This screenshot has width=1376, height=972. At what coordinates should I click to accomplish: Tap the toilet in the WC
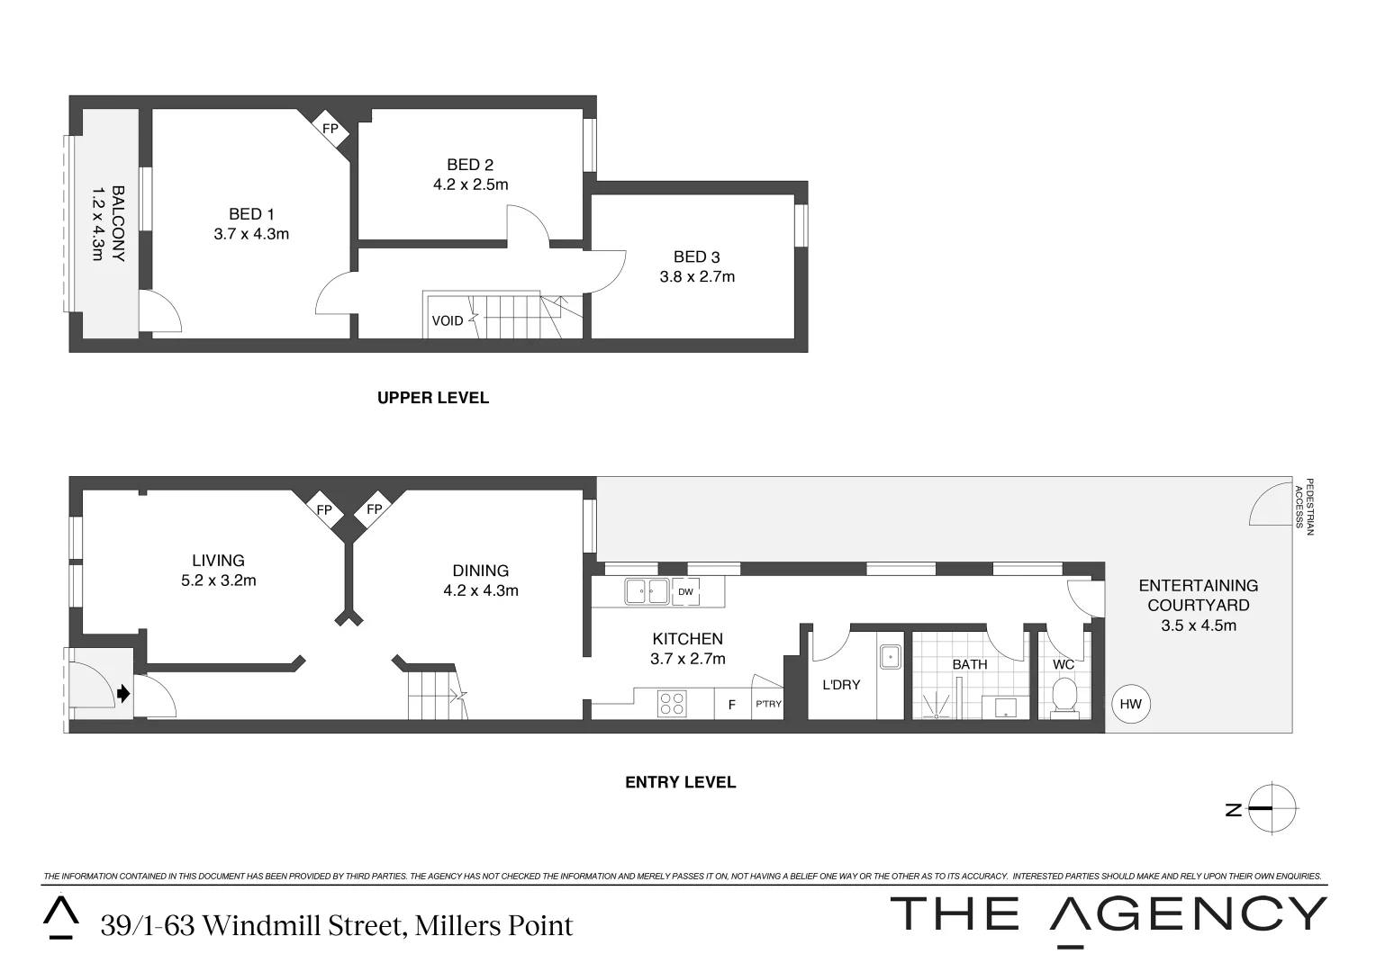[1064, 697]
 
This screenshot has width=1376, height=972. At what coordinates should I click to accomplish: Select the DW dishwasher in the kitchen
[685, 592]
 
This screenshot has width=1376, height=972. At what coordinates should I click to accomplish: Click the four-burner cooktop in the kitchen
[672, 704]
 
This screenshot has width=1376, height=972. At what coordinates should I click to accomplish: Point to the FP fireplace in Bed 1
[330, 129]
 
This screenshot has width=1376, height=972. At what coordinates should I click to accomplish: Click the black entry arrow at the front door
[123, 694]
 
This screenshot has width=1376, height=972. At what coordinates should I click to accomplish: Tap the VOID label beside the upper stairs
[448, 320]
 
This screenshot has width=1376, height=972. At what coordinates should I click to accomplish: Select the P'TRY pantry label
[768, 704]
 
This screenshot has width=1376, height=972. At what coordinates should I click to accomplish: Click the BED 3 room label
[697, 256]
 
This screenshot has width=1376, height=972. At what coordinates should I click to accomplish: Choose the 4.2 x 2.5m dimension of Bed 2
[471, 184]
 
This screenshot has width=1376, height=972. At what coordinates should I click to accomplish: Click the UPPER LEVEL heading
[433, 398]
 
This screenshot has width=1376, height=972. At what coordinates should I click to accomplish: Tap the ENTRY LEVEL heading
[680, 782]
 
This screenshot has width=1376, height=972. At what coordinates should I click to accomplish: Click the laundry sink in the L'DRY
[890, 656]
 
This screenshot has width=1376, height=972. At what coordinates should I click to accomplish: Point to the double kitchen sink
[647, 592]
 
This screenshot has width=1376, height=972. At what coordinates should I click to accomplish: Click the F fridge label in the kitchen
[731, 705]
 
